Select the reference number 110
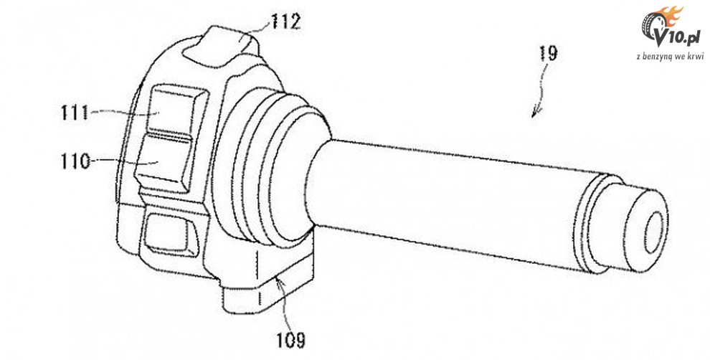pos(75,161)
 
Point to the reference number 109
pos(290,339)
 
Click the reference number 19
pos(548,54)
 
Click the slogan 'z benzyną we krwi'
pos(670,56)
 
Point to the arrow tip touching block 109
pos(280,280)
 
